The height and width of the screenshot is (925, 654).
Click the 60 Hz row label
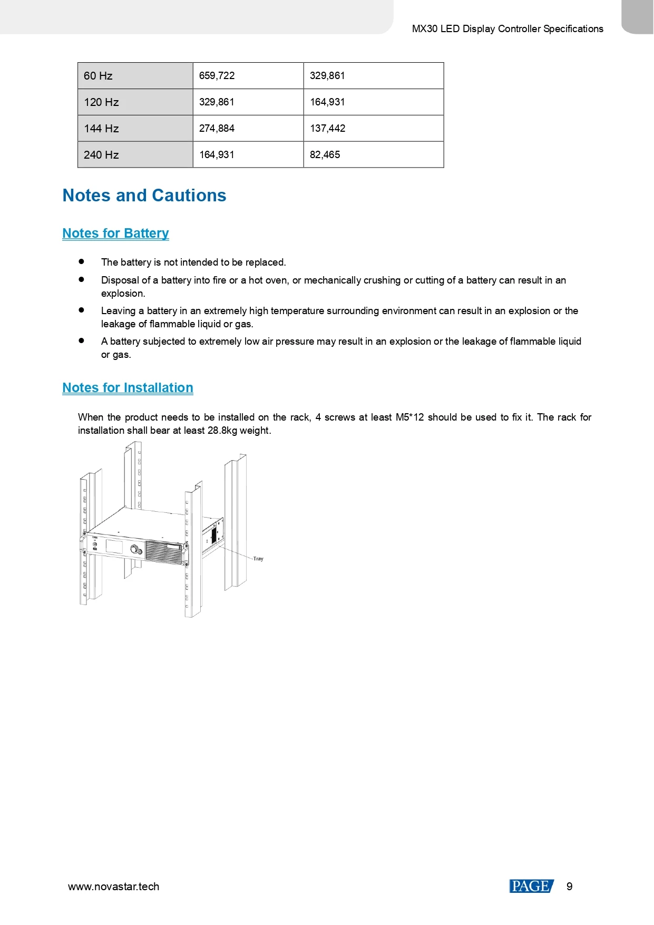98,76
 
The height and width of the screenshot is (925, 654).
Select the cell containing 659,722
217,76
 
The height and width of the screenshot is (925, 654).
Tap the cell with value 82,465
325,155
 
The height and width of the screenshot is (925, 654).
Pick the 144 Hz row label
101,129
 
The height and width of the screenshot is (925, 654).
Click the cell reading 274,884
217,129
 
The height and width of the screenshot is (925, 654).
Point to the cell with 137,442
327,129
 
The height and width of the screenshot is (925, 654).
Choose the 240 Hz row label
101,155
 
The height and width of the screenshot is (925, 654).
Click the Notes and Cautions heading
144,196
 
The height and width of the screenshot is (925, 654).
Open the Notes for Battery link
115,233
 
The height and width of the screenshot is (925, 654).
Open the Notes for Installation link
128,388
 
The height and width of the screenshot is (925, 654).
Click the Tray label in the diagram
258,559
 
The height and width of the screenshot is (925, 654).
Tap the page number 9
569,887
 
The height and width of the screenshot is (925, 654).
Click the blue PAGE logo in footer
531,887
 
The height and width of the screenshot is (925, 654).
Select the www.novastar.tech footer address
113,887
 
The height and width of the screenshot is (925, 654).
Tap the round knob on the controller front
135,549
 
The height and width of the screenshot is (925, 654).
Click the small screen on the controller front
114,547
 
